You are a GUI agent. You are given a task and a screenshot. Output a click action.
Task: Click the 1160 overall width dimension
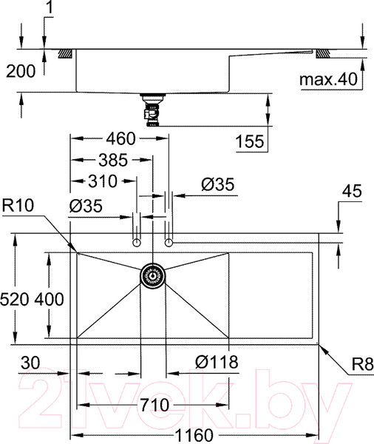194,434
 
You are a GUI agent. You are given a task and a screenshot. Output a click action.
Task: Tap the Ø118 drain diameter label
217,362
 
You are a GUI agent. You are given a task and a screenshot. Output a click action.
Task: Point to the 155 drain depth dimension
249,141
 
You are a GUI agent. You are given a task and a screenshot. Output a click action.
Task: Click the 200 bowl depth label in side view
20,72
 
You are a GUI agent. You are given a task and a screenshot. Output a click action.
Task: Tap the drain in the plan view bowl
153,275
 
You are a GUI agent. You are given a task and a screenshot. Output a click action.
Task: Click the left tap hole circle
136,242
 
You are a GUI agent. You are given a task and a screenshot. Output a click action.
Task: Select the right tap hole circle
169,242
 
